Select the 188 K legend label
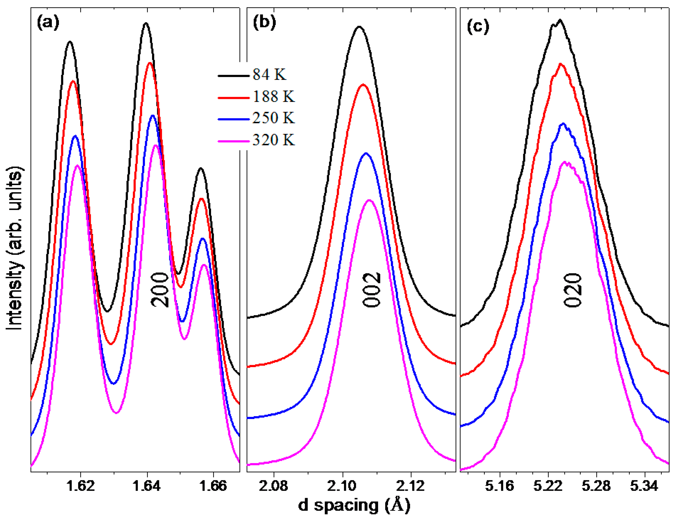273,96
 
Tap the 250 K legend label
273,118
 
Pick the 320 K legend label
273,140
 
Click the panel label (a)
48,23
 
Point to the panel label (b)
264,23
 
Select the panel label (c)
478,26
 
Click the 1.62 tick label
80,485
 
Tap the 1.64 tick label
147,485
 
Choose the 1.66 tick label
213,485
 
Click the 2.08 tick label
273,485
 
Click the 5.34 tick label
644,485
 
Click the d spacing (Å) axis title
354,505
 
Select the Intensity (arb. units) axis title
14,249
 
